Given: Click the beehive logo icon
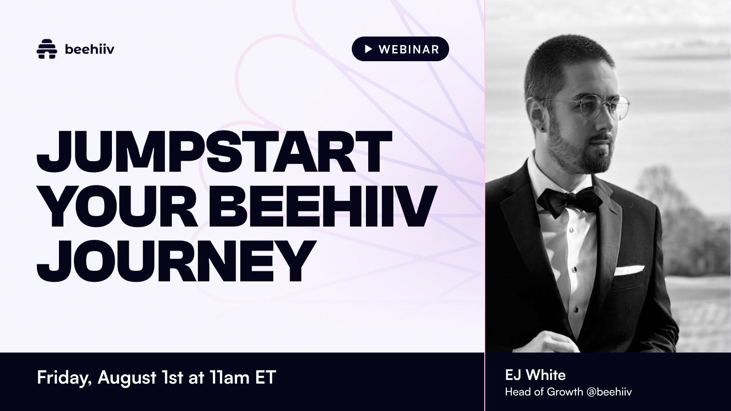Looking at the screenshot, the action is tap(47, 49).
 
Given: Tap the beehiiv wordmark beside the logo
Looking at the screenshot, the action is tap(90, 49).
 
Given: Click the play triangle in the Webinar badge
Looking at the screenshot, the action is tap(368, 49).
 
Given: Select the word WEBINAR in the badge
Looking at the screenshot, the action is tap(409, 49).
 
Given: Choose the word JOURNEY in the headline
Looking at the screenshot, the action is tap(176, 261).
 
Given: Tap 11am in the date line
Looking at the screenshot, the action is tap(230, 377).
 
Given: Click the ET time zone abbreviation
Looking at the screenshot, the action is tap(265, 377).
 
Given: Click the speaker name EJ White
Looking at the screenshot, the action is tap(535, 375).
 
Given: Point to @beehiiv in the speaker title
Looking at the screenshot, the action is tap(609, 392).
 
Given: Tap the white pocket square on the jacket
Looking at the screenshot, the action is tap(629, 270).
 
